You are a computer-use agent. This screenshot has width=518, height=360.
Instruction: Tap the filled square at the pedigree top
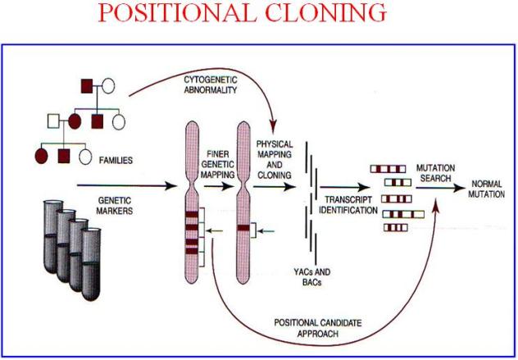coord(84,84)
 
